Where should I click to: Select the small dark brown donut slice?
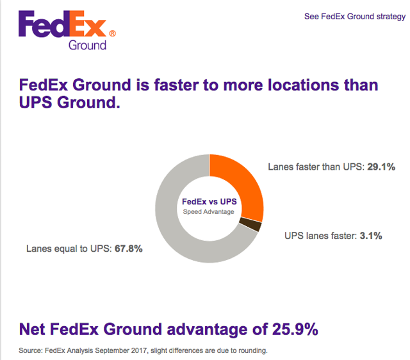point(254,225)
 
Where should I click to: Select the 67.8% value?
point(128,249)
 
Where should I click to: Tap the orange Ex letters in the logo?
point(92,26)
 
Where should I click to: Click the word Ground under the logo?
point(87,45)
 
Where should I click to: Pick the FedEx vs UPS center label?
point(209,201)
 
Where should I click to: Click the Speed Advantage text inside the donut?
point(209,212)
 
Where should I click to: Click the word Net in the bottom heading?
point(35,330)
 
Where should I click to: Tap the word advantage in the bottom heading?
point(214,330)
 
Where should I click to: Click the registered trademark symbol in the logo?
point(113,33)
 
